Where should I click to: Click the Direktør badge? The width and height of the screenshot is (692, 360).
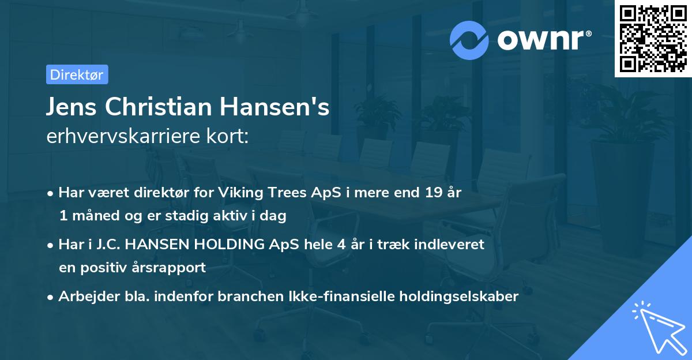[77, 74]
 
